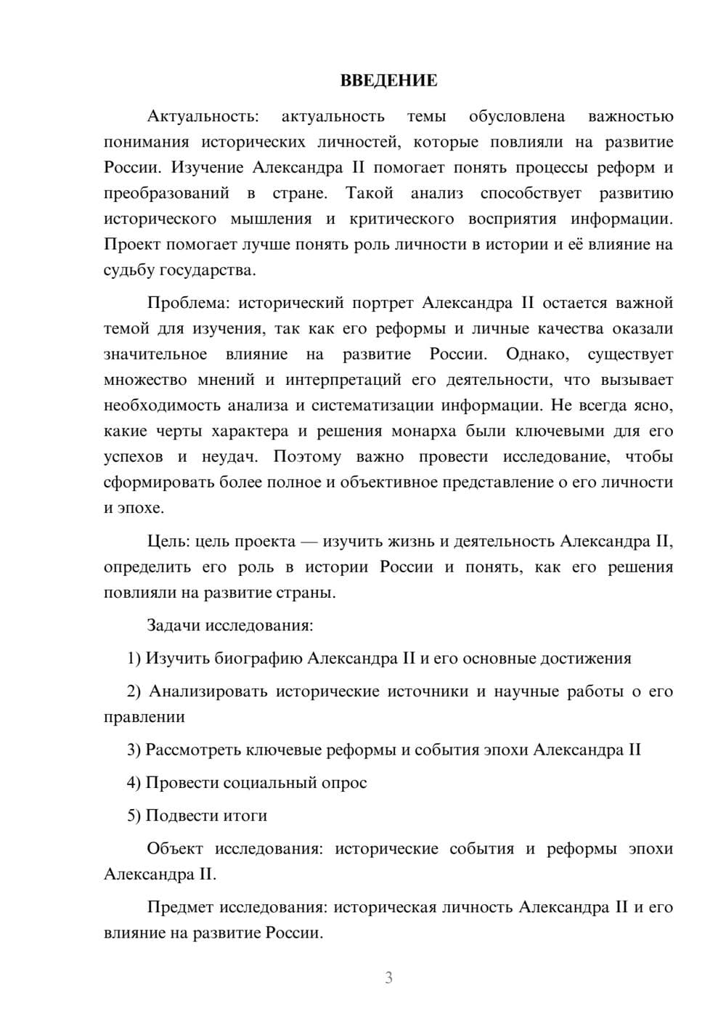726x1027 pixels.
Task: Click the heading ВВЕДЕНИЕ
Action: coord(388,81)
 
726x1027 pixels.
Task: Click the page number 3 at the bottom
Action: coord(388,978)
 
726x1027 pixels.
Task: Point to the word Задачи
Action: coord(174,625)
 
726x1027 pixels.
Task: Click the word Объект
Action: coord(175,848)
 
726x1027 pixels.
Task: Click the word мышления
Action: coord(271,219)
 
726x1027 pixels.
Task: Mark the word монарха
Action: coord(424,431)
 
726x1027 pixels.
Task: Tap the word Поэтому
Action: coord(307,457)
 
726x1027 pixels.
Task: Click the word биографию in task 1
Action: coord(258,658)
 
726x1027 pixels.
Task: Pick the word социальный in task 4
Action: coord(271,782)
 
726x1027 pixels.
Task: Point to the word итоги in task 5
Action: coord(243,816)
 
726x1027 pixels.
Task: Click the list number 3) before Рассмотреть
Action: coord(134,750)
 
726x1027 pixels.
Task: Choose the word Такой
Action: coord(370,193)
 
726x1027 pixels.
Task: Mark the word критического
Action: coord(401,219)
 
